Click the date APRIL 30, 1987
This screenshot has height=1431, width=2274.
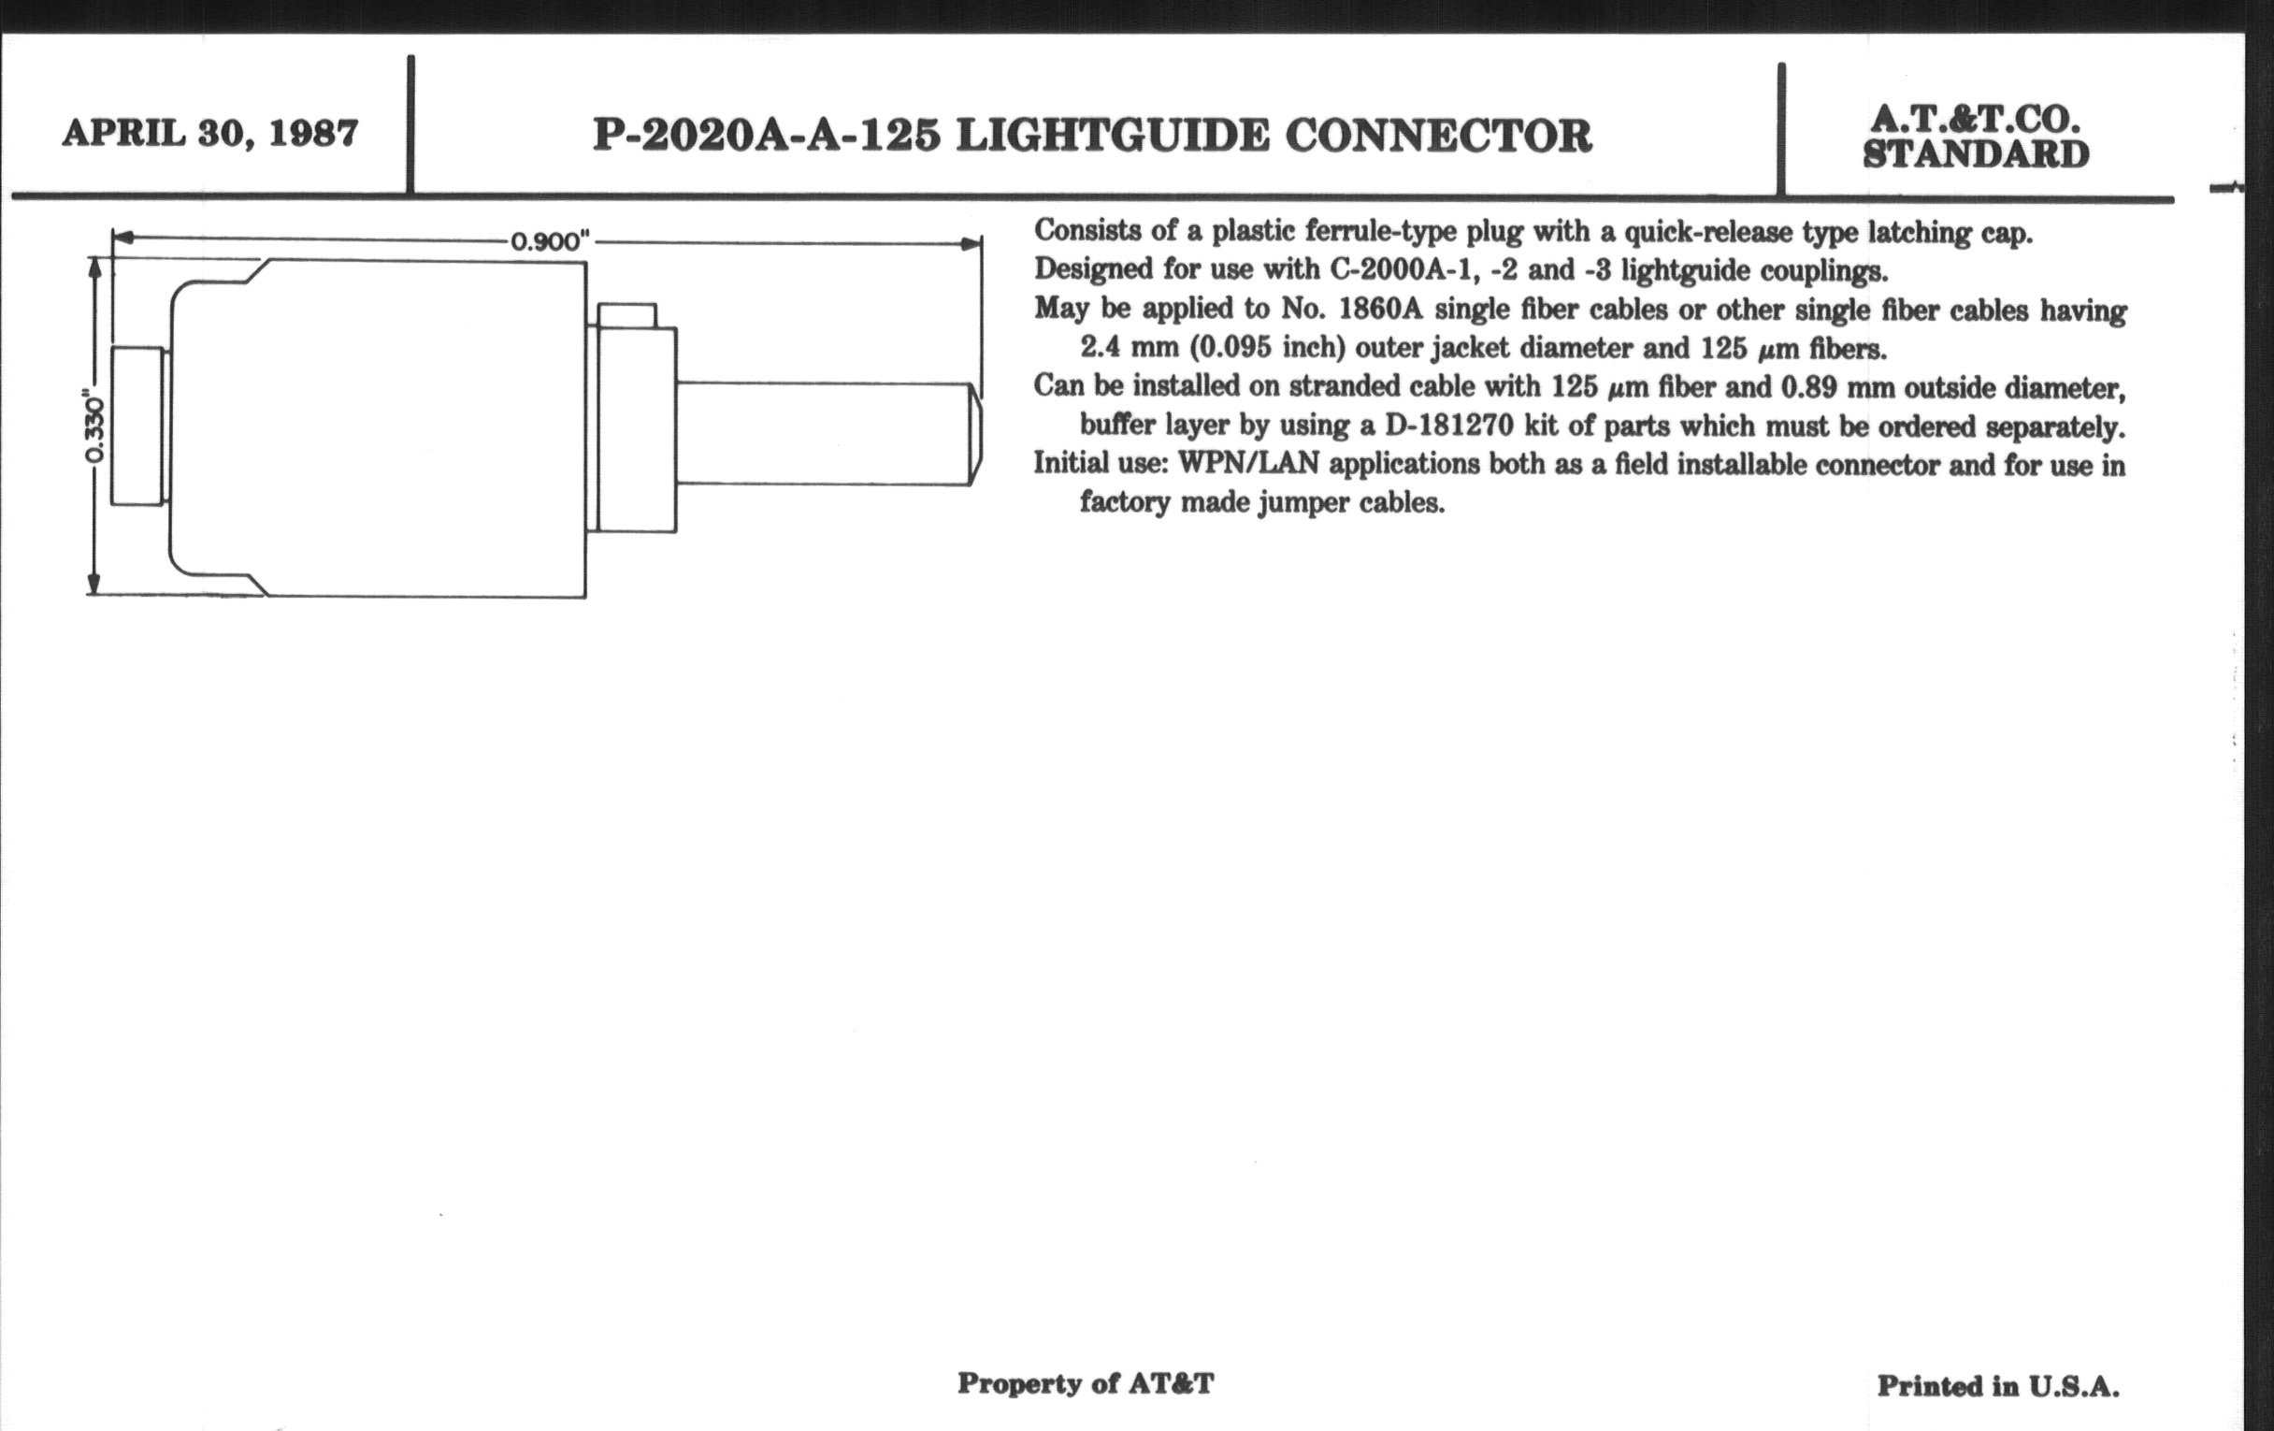(209, 133)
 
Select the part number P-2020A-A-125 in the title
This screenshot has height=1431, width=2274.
(766, 136)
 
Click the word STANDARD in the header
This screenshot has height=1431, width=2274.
(1976, 155)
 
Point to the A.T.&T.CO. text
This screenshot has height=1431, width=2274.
(1976, 119)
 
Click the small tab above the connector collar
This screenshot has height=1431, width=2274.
(627, 315)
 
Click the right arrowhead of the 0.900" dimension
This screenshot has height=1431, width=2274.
(971, 244)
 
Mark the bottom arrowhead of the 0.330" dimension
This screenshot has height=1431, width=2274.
(94, 585)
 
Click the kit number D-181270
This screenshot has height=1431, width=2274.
(1449, 426)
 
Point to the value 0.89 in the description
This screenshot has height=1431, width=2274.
(1812, 387)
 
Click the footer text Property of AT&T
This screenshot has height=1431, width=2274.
(1085, 1384)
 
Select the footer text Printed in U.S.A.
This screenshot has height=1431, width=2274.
(1997, 1386)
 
